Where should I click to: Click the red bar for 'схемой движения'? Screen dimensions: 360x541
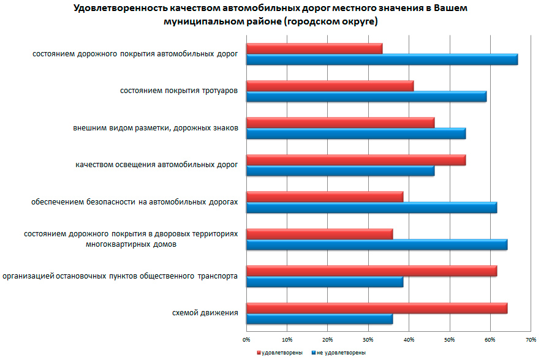(376, 308)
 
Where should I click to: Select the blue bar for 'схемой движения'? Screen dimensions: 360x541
(319, 319)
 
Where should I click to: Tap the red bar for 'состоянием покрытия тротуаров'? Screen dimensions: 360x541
(330, 86)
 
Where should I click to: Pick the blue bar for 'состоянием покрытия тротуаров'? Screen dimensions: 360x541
(366, 97)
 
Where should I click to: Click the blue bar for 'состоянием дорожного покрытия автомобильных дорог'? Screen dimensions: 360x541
(382, 59)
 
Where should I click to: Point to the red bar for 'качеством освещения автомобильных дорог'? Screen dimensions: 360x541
(355, 160)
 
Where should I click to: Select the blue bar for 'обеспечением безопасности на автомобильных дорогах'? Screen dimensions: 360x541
(371, 208)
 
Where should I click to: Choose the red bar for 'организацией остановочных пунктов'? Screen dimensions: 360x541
(371, 271)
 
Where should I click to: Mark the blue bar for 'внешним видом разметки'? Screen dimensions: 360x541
(355, 133)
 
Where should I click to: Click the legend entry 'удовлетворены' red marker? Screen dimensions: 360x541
(259, 353)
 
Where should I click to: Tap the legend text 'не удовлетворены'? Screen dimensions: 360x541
(342, 353)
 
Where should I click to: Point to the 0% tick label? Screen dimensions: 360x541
(246, 339)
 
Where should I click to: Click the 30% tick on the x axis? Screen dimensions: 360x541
(368, 339)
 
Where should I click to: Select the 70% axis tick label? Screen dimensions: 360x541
(531, 339)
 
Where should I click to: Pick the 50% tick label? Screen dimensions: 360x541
(449, 339)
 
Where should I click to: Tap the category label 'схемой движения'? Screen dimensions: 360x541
(205, 313)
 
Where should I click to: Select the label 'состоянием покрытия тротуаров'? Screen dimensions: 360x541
(178, 91)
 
